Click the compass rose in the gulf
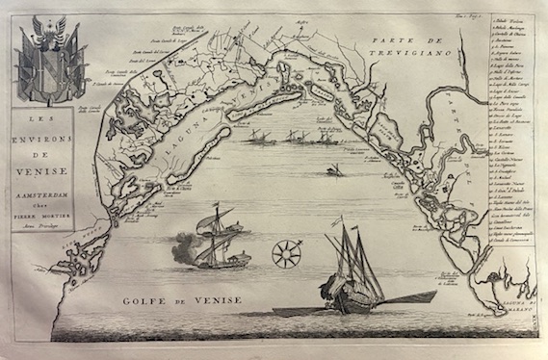point(285,255)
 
